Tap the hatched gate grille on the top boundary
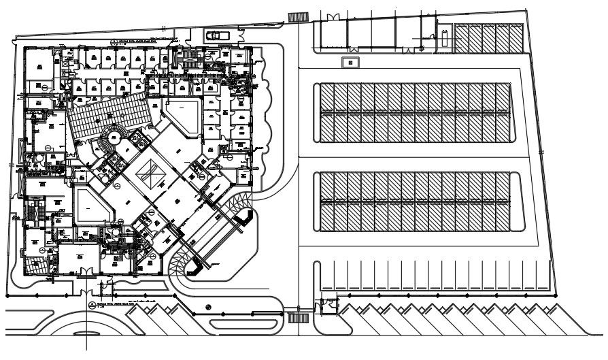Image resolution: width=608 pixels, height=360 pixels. point(296,16)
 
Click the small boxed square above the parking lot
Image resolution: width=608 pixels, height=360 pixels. point(350,62)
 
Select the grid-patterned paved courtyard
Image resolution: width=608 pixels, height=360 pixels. point(109,114)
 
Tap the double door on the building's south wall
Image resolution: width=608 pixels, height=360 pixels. point(87,272)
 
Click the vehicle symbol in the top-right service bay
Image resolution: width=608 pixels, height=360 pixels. point(444,38)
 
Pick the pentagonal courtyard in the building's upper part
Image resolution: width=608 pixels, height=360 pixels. point(183,115)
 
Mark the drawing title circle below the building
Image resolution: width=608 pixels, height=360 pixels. point(92,303)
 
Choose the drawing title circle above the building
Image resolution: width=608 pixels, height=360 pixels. point(115,41)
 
